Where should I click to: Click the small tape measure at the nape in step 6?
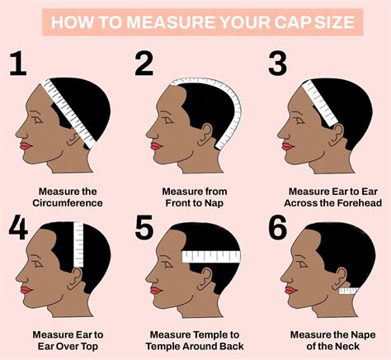(x=346, y=291)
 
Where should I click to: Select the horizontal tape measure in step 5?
(x=210, y=257)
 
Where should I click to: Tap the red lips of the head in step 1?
(x=25, y=146)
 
